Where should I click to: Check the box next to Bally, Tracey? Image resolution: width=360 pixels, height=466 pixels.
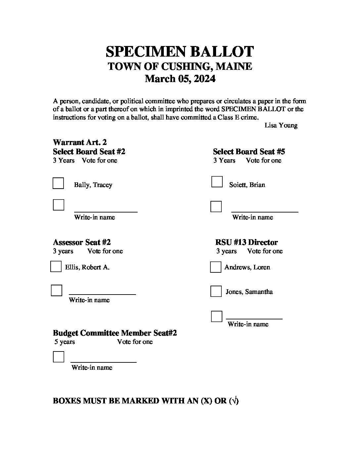point(58,183)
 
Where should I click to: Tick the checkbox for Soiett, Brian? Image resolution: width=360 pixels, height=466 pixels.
point(217,182)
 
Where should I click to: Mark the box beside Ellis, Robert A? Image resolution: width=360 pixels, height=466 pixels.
point(56,266)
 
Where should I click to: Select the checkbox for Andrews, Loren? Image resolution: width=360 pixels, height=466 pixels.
point(216,267)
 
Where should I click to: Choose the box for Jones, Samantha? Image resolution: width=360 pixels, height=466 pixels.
point(216,291)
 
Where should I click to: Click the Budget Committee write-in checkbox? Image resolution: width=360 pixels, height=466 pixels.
point(59,357)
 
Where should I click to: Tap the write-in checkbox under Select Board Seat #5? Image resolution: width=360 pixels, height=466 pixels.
point(216,207)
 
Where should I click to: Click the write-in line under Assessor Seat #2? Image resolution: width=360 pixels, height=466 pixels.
point(102,294)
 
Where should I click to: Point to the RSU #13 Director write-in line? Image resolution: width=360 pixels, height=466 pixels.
point(254,318)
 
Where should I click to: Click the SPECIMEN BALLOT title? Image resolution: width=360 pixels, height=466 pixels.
point(180,52)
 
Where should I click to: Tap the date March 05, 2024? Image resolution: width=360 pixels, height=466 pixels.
point(180,79)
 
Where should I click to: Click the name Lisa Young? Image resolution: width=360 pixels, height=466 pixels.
point(281,125)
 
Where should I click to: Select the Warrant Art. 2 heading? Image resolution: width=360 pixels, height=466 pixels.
point(80,142)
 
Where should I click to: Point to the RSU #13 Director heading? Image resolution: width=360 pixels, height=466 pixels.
point(246,242)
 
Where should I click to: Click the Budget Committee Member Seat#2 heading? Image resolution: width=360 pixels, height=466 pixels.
point(115,333)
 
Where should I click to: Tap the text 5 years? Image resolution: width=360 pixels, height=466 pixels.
point(65,342)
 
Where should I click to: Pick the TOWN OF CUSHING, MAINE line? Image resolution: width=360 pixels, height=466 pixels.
point(180,66)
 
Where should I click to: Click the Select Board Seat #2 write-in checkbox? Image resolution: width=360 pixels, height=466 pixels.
point(59,205)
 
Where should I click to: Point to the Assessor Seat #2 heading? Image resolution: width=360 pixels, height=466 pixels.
point(82,242)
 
